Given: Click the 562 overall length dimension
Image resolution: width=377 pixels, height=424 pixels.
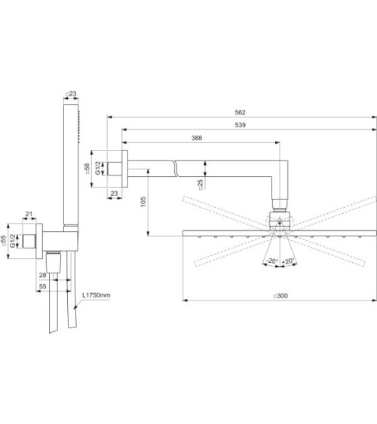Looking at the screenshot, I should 240,112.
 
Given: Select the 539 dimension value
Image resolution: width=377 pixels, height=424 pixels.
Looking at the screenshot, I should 240,125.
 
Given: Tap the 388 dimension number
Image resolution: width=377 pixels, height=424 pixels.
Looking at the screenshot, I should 196,138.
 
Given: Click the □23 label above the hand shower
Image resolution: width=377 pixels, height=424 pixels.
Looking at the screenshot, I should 72,94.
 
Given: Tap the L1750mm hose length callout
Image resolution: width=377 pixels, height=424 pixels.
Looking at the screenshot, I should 96,296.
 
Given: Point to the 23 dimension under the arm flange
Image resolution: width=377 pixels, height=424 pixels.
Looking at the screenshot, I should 114,194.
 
